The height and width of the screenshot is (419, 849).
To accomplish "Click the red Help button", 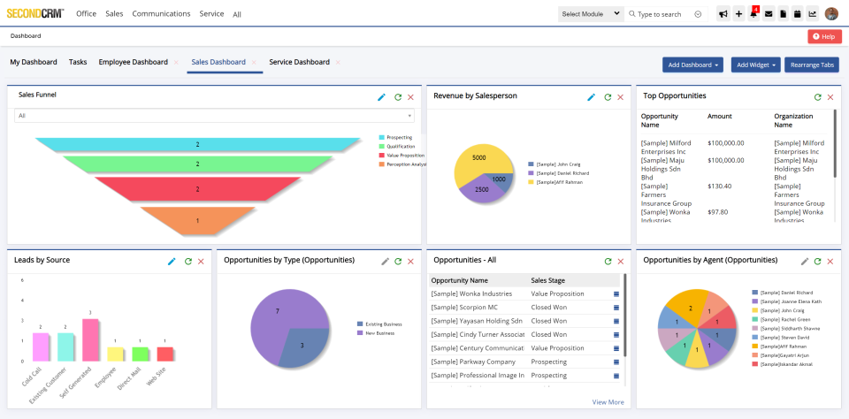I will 822,36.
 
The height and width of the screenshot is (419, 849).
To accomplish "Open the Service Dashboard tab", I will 299,62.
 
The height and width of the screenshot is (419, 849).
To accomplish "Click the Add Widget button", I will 755,65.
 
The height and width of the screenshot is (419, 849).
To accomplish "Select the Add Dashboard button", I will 693,65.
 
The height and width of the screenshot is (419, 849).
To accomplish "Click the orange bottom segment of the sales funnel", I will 197,220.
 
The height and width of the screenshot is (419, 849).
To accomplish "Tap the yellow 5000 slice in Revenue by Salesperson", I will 478,161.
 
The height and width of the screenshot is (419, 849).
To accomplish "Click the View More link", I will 608,402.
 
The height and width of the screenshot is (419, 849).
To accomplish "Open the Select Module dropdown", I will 590,14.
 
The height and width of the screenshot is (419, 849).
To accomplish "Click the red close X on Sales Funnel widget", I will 410,97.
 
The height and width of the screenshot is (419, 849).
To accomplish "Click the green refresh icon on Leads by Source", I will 187,262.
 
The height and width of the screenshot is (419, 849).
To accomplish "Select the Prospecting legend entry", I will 399,138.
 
